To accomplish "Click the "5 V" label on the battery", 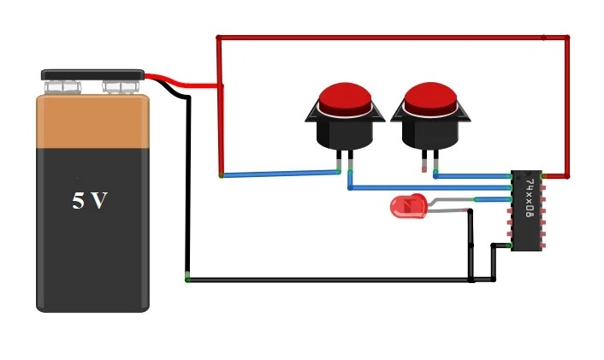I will click(90, 201).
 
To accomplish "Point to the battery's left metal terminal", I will click(65, 86).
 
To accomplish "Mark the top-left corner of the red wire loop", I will click(219, 38).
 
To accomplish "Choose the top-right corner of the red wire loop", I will click(567, 38).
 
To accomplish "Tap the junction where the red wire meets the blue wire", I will click(222, 176).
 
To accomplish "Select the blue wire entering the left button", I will click(282, 174).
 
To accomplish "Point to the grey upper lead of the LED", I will click(449, 201).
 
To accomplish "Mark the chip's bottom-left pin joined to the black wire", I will click(512, 246).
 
